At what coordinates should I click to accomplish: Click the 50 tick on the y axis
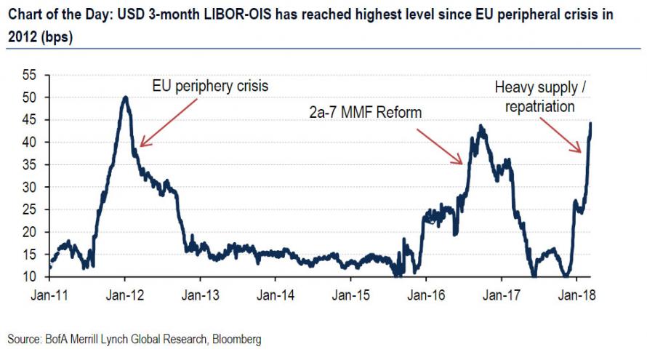[29, 97]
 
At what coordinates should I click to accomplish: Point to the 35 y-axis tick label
[29, 164]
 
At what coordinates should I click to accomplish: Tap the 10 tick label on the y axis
[29, 277]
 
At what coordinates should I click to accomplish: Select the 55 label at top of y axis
[29, 75]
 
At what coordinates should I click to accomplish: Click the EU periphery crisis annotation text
[210, 86]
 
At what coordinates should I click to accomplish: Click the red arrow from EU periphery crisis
[169, 122]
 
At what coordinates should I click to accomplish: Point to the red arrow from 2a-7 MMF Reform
[441, 144]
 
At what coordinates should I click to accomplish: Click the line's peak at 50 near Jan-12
[125, 97]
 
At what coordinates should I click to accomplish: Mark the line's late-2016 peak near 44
[481, 126]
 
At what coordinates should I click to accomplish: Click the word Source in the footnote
[23, 339]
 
